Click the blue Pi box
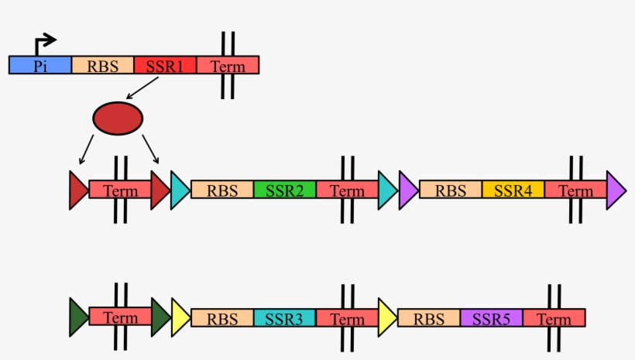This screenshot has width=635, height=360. click(39, 65)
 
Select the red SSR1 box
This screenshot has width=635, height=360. click(165, 65)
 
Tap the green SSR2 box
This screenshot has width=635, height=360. click(284, 190)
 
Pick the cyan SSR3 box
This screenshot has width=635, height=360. click(284, 317)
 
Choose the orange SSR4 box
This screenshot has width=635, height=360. click(513, 190)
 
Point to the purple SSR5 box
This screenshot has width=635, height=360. click(491, 317)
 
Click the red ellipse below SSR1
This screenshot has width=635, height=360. click(118, 118)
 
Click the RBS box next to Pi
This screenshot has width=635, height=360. click(102, 65)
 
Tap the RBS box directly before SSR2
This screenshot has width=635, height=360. click(222, 190)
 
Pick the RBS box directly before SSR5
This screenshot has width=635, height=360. click(428, 317)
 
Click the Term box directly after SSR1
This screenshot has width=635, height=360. click(228, 65)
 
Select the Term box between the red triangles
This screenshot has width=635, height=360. click(120, 190)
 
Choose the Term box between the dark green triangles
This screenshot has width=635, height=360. click(120, 317)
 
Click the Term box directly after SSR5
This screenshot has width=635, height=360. click(554, 317)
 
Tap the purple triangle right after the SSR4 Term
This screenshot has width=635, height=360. click(616, 190)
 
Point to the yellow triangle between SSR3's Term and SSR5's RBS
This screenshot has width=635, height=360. click(386, 317)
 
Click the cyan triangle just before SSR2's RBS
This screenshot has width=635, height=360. click(179, 190)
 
